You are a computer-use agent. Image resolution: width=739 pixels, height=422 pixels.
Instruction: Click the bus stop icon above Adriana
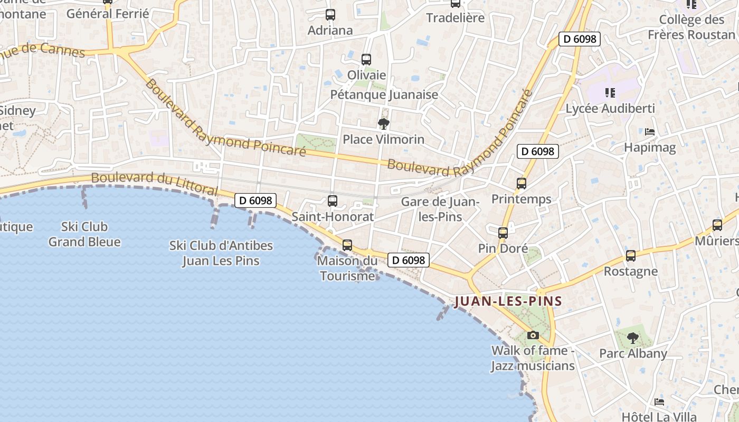point(330,15)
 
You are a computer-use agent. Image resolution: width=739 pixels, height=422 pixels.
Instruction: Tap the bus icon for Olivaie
point(366,60)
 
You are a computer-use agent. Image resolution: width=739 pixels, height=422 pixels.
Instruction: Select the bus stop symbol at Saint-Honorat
point(333,201)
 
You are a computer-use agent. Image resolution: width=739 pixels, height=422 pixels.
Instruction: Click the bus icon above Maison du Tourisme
point(347,245)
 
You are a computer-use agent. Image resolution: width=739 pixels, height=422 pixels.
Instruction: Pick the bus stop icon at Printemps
point(522,184)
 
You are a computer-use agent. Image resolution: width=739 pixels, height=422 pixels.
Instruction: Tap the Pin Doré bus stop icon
point(503,233)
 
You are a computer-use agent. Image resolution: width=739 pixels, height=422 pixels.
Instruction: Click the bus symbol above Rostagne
point(631,256)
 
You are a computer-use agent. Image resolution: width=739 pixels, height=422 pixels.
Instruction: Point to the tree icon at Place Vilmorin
point(384,124)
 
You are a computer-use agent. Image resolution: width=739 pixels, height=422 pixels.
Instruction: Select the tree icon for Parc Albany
point(633,338)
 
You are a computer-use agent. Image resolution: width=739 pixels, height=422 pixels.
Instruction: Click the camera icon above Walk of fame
point(533,335)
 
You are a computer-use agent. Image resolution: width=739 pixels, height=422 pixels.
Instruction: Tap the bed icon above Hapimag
point(650,131)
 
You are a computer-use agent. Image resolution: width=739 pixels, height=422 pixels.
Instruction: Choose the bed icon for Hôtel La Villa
point(659,401)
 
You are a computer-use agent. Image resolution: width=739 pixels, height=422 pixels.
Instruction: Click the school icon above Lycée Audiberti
point(610,93)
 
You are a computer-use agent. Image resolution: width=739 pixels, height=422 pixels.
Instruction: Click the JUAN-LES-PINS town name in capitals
point(508,302)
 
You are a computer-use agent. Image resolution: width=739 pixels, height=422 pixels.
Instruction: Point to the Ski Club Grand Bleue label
point(84,234)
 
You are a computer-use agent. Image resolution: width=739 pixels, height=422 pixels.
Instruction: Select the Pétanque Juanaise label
point(384,95)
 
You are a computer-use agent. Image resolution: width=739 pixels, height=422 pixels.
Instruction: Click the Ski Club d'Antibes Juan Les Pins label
point(221,253)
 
